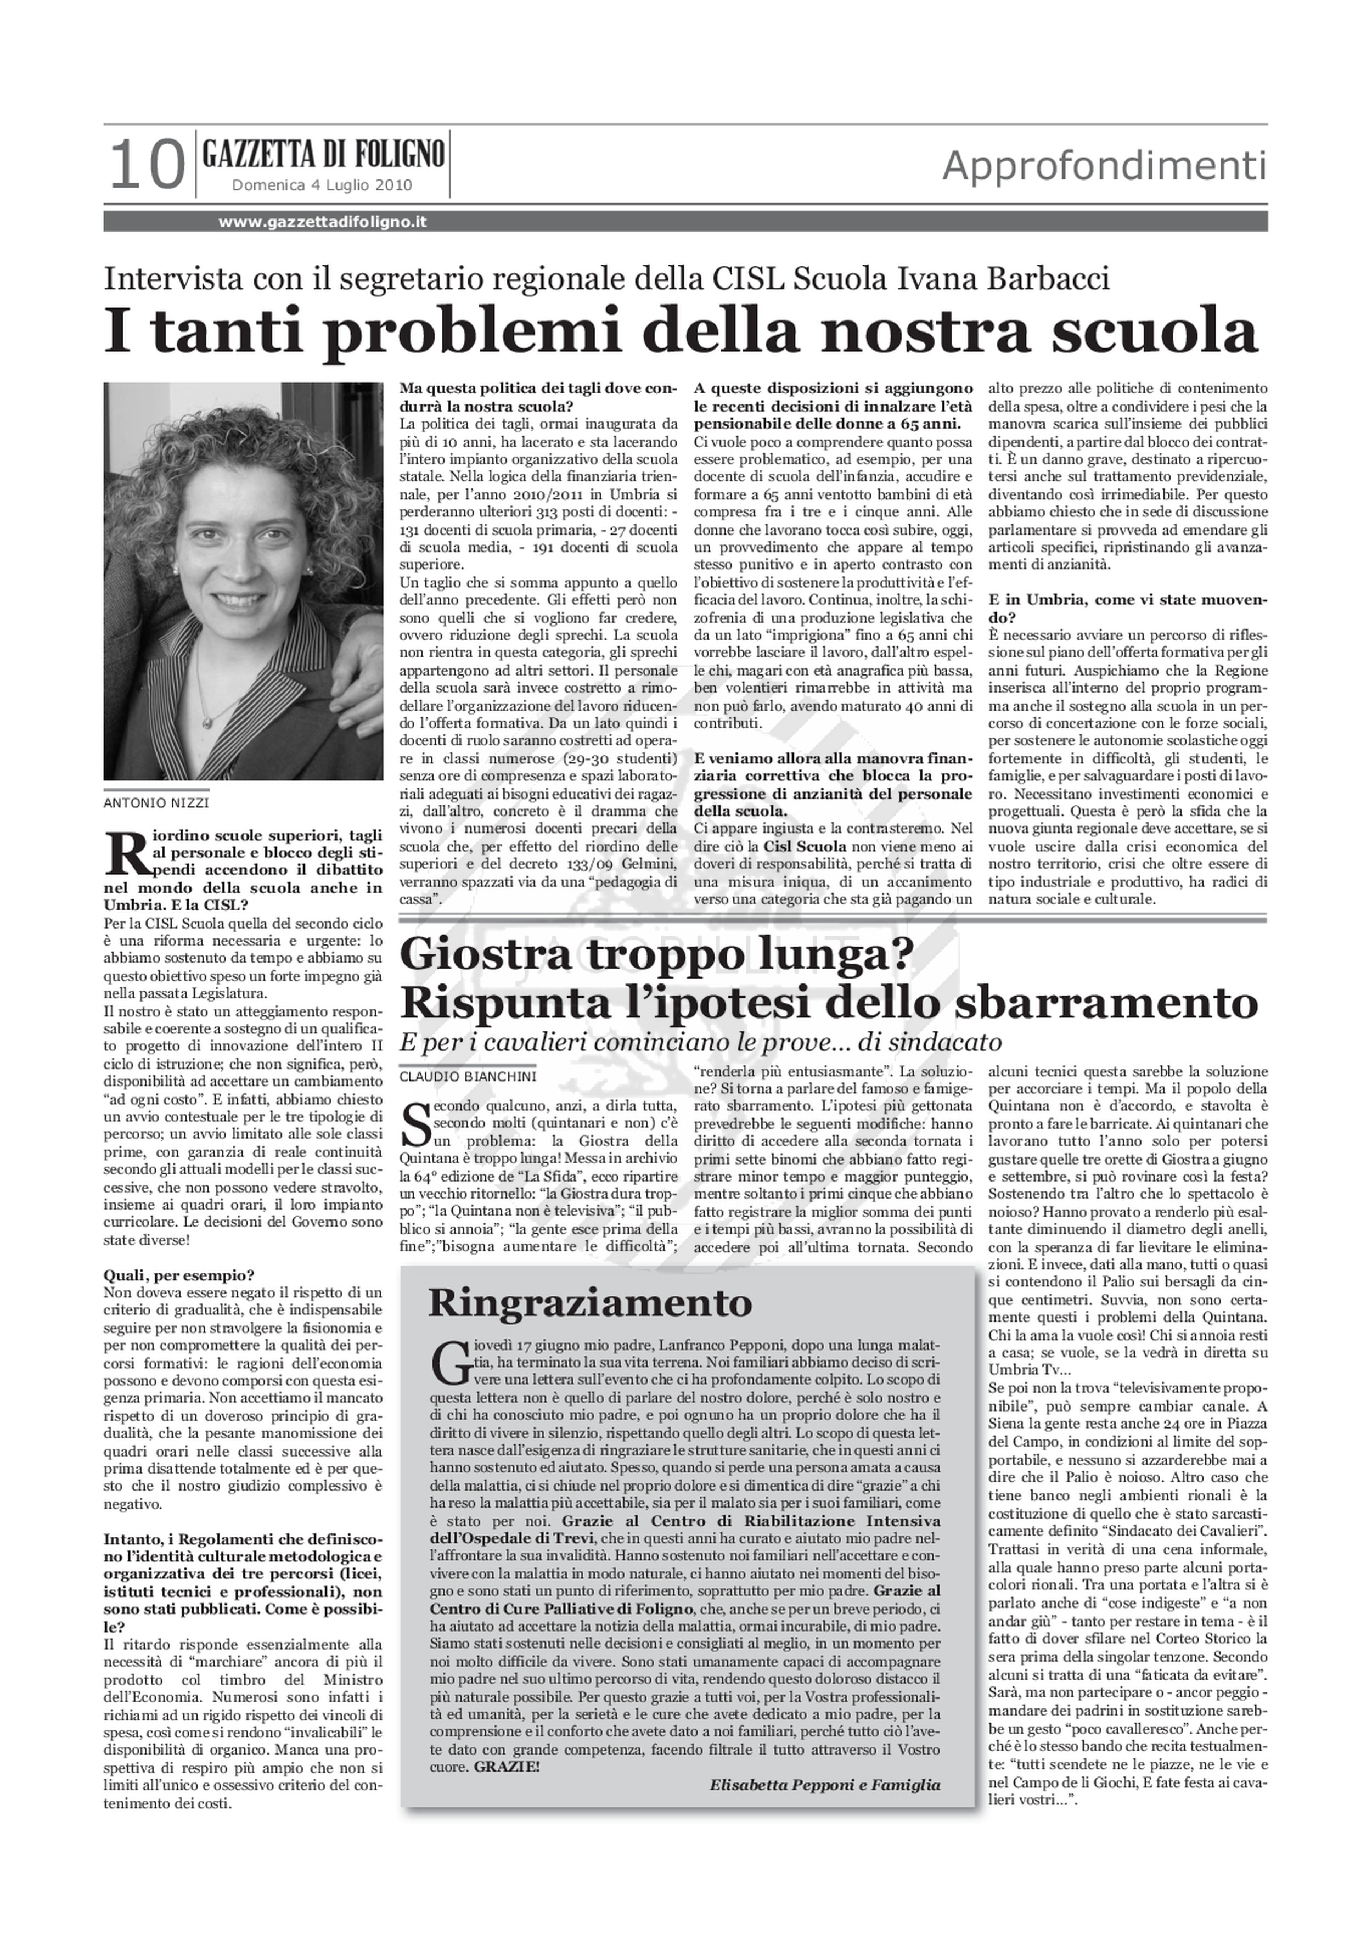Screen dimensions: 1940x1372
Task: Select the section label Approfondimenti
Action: (x=1103, y=166)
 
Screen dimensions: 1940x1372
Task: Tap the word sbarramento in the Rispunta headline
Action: (x=1103, y=1002)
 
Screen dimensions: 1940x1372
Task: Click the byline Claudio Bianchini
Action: (x=467, y=1076)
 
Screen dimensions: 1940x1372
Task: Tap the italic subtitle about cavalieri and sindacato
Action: (x=700, y=1041)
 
